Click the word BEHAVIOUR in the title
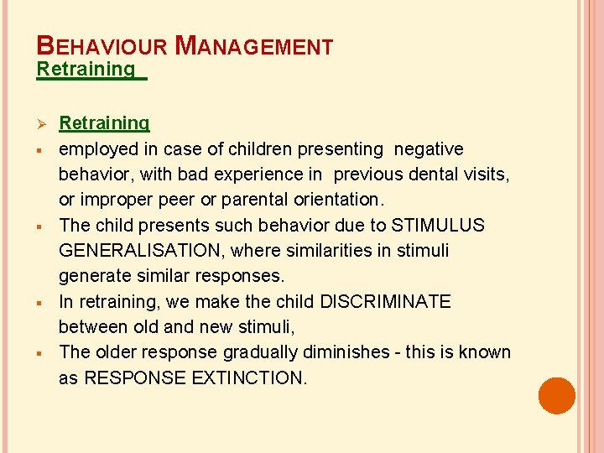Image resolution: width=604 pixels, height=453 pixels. (97, 46)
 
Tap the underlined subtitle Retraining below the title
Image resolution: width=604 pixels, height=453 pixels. (86, 69)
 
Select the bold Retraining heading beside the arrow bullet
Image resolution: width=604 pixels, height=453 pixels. (104, 123)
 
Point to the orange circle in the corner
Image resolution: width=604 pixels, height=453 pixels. (557, 395)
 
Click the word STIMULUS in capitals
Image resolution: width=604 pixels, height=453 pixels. (439, 225)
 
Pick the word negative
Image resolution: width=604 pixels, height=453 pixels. (429, 148)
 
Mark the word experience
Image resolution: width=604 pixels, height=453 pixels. (273, 174)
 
